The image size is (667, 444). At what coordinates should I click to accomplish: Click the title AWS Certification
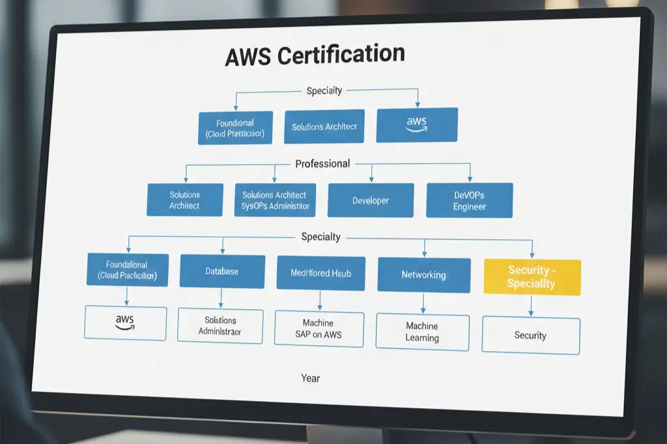(x=315, y=55)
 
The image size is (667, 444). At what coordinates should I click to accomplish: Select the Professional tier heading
(x=322, y=164)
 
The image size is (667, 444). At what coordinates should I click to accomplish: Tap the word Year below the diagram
(x=311, y=378)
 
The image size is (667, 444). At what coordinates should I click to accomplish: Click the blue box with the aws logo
(x=417, y=124)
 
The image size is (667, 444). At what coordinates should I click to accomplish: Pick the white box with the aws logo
(x=125, y=323)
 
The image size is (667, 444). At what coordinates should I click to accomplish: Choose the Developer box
(x=371, y=201)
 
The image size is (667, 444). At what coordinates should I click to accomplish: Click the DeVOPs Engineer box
(x=470, y=201)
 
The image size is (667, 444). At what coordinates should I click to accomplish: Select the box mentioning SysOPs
(x=274, y=201)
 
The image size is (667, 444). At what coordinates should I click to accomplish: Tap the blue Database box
(x=222, y=271)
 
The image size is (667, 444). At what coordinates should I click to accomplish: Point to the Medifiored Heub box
(x=320, y=273)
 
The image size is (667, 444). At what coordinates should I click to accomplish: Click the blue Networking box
(x=423, y=275)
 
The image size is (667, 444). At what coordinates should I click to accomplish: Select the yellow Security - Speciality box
(x=532, y=277)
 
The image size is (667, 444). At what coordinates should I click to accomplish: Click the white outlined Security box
(x=530, y=335)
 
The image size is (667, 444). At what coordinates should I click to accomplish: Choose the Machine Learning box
(x=422, y=332)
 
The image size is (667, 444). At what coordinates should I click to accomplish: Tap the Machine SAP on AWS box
(x=318, y=329)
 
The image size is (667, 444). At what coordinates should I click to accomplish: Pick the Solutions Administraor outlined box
(x=220, y=326)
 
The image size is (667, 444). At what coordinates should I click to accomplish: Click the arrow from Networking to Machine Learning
(x=423, y=303)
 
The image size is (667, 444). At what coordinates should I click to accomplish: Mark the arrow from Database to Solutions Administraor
(x=221, y=298)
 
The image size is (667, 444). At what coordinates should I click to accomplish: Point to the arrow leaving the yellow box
(x=531, y=306)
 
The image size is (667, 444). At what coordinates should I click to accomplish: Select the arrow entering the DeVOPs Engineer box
(x=470, y=173)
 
